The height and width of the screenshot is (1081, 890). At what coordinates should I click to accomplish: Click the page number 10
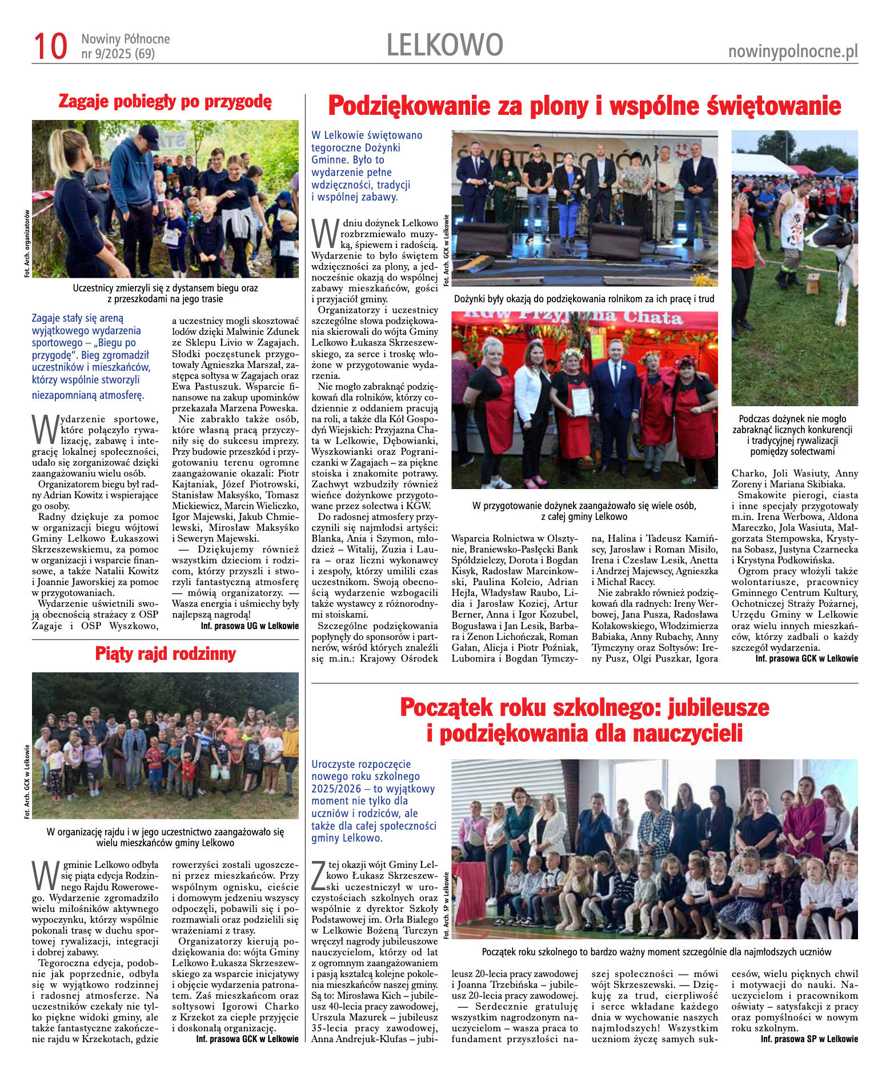click(x=50, y=46)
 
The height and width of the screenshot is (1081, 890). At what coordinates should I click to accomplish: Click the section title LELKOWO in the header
click(x=444, y=45)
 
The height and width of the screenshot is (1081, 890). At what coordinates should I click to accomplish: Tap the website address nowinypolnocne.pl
click(x=792, y=51)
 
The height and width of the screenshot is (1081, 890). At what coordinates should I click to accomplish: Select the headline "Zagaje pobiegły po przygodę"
click(x=165, y=102)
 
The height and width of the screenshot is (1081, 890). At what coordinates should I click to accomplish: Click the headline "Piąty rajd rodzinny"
click(x=165, y=654)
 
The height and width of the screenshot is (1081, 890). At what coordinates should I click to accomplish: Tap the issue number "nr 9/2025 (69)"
click(x=118, y=54)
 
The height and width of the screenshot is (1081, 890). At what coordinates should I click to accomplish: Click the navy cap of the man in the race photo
click(x=149, y=136)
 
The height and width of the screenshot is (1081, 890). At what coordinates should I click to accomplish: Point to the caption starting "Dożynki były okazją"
click(x=584, y=299)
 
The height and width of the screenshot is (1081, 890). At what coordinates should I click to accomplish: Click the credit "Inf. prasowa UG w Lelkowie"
click(x=250, y=626)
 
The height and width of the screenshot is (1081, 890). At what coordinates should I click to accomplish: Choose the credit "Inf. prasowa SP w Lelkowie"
click(x=809, y=1039)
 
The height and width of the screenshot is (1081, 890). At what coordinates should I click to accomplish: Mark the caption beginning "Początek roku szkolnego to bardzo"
click(x=656, y=951)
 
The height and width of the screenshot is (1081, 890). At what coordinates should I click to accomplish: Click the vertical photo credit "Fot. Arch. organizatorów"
click(x=27, y=243)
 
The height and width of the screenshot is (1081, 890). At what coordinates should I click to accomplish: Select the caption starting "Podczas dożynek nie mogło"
click(x=792, y=435)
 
